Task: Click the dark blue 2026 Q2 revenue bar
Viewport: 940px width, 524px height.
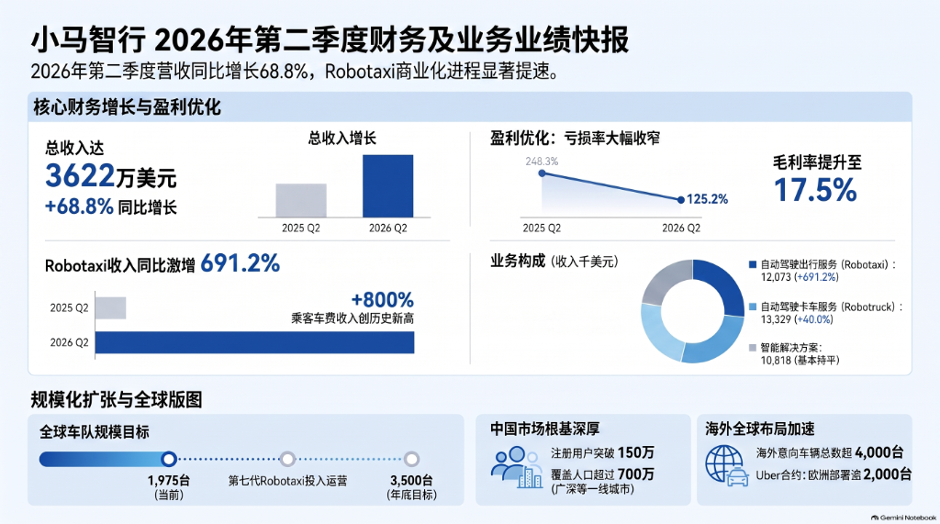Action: point(388,186)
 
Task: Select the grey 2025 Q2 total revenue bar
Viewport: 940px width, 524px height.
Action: point(301,200)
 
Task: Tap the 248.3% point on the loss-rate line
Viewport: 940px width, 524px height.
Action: point(542,173)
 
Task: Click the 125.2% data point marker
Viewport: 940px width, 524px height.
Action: point(680,200)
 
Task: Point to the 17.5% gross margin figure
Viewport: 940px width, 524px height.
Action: point(815,190)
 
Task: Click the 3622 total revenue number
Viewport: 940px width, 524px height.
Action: point(80,176)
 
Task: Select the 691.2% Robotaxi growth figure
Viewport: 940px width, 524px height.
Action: point(240,263)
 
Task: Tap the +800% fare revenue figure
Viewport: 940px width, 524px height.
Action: point(383,300)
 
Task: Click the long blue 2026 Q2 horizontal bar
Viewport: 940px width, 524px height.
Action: point(255,342)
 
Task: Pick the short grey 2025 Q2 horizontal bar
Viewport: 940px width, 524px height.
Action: point(110,307)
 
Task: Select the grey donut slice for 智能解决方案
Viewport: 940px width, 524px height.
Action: point(666,280)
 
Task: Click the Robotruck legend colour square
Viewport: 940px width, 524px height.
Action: point(753,307)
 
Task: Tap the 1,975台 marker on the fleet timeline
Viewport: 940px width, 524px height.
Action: point(169,459)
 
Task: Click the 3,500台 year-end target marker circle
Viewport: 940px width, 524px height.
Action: point(411,459)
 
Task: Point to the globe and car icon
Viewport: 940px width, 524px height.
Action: point(727,465)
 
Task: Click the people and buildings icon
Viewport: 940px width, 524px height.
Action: point(517,467)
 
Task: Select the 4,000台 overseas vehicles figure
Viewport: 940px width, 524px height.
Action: point(878,452)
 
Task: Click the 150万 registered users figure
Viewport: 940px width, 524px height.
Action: point(635,452)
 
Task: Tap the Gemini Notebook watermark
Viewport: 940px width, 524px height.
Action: point(903,518)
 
